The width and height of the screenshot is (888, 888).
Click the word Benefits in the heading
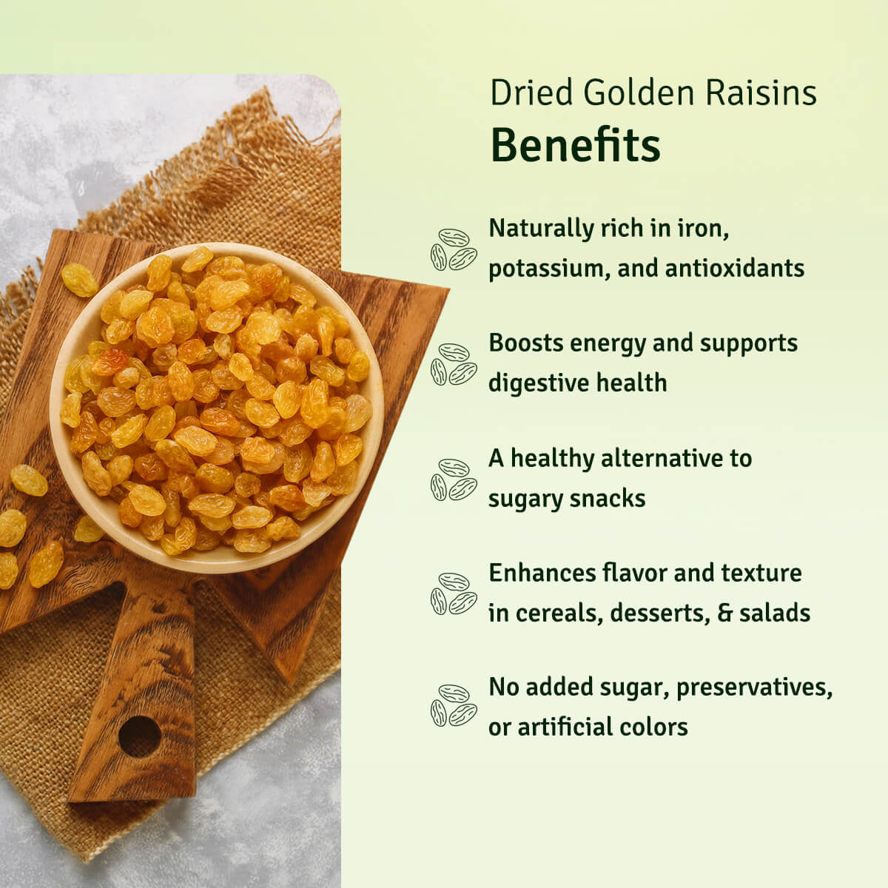click(x=576, y=145)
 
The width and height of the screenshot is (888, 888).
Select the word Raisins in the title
click(x=761, y=92)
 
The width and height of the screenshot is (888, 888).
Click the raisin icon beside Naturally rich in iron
click(x=454, y=249)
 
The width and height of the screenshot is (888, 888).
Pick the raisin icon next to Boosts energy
click(x=454, y=364)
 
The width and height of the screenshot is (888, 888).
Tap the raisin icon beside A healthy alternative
click(x=454, y=480)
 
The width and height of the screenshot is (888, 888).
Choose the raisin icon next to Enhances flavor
click(x=454, y=593)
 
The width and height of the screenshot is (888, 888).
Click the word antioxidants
click(x=735, y=268)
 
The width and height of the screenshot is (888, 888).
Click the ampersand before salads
click(x=725, y=613)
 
